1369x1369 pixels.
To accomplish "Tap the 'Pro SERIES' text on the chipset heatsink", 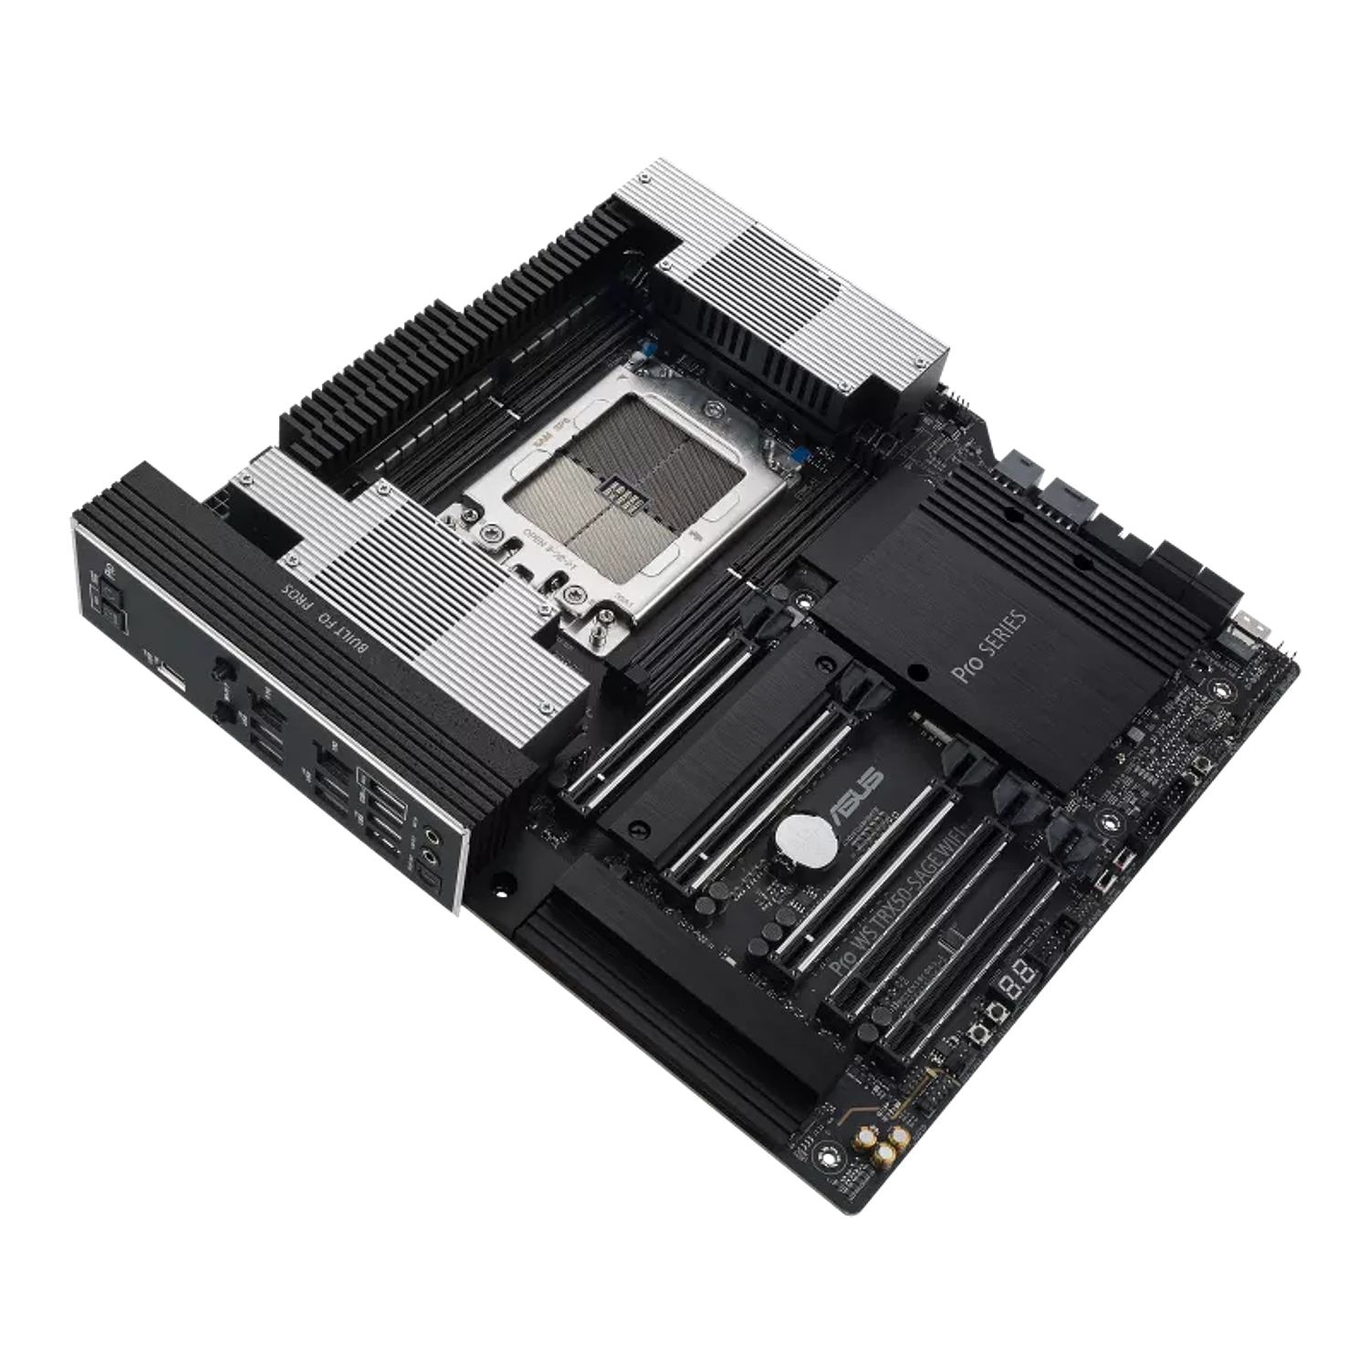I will (995, 648).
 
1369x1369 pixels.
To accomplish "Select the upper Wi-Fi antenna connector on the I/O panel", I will (222, 672).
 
